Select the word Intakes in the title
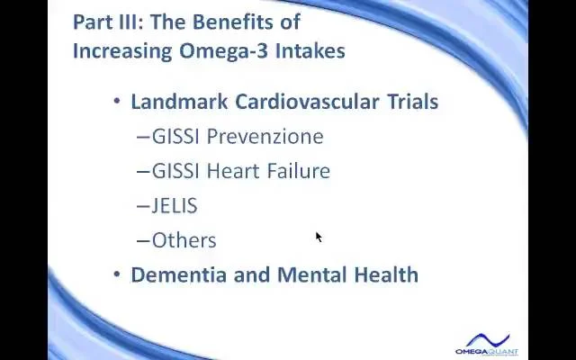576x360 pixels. tap(310, 50)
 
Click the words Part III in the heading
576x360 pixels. tap(105, 22)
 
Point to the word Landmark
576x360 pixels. tap(179, 102)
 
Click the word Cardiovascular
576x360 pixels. tap(307, 102)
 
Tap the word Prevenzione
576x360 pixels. tap(265, 136)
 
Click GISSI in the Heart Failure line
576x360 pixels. tap(175, 171)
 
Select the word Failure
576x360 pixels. tap(299, 171)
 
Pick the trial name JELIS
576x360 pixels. tap(175, 205)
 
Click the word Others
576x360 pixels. tap(184, 240)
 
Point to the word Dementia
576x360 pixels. tap(178, 274)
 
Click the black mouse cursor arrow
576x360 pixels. tap(318, 237)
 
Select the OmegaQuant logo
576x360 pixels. tap(487, 344)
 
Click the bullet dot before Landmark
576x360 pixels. tap(117, 101)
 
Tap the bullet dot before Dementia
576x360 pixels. tap(117, 274)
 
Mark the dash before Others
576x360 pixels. tap(143, 241)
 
